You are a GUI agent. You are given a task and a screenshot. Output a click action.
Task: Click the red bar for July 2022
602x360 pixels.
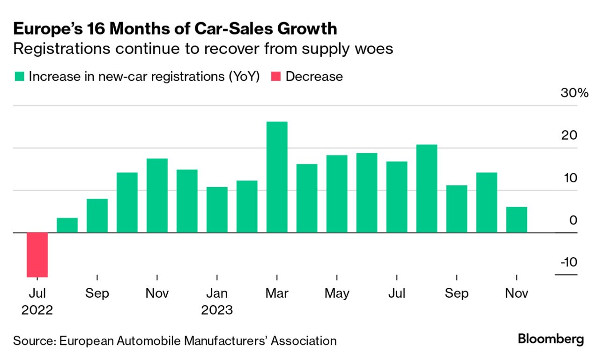tap(37, 255)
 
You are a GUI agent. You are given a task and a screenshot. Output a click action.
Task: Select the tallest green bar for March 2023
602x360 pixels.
tap(277, 177)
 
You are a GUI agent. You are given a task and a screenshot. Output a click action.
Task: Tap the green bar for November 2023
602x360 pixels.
tap(517, 220)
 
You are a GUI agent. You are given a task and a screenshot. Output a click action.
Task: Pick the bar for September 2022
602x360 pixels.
tap(97, 216)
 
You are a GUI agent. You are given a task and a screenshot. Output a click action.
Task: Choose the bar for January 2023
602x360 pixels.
tap(217, 210)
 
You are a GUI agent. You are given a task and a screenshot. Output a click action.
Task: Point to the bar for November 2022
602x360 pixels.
tap(157, 195)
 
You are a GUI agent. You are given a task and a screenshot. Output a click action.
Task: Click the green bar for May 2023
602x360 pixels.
tap(337, 194)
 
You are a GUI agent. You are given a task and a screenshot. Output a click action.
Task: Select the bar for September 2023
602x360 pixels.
tap(457, 209)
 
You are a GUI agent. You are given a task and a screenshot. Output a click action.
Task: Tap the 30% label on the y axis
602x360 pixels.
tap(574, 93)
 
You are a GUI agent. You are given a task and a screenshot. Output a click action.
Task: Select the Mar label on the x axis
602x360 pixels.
tap(277, 293)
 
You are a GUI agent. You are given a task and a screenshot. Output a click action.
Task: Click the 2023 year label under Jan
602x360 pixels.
tap(217, 310)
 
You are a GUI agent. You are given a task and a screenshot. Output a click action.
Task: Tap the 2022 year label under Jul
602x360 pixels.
tap(37, 310)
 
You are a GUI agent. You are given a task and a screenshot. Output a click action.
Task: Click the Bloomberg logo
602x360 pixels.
tap(551, 339)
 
